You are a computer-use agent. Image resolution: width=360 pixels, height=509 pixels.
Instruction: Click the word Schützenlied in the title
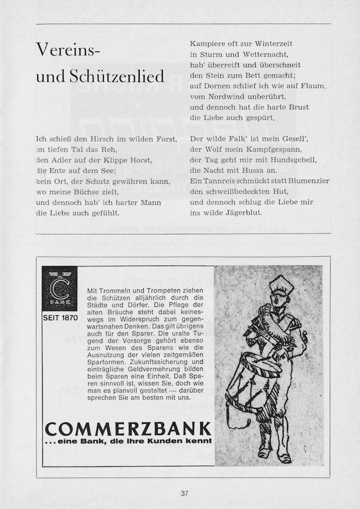click(117, 77)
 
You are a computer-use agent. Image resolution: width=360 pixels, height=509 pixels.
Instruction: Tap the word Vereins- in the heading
click(68, 48)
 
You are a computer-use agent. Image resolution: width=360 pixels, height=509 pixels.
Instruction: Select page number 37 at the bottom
click(184, 494)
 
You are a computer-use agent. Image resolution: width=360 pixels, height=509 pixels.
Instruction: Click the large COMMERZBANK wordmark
click(128, 429)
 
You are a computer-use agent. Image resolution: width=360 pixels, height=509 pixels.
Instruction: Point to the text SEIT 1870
click(60, 318)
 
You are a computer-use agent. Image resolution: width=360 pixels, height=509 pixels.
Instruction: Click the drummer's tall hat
click(279, 286)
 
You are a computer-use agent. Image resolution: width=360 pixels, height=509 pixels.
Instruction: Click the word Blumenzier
click(308, 181)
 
